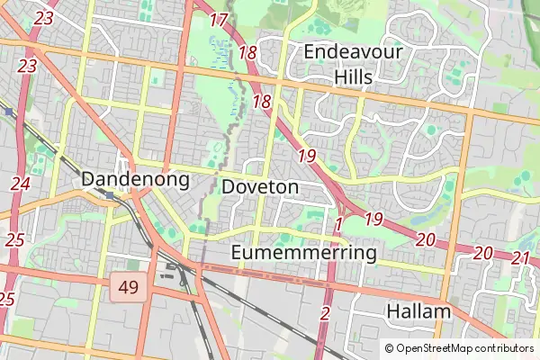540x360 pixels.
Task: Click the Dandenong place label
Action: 135,180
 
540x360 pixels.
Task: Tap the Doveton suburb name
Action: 259,187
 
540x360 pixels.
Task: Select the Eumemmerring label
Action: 303,253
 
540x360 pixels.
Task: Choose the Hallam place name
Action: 418,311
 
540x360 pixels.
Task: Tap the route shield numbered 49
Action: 128,289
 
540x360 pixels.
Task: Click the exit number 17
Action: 218,20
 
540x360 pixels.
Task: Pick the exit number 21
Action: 520,258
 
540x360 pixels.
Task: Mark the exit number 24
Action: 20,184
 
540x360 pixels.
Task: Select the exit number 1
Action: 338,223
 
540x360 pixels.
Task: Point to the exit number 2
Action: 325,313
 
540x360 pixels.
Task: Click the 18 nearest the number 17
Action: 248,52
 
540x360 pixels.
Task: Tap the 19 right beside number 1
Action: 373,218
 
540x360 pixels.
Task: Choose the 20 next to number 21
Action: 482,253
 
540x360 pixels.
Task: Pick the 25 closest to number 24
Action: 14,239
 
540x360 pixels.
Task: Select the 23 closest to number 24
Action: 27,66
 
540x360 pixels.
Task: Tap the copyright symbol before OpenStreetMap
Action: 390,348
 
